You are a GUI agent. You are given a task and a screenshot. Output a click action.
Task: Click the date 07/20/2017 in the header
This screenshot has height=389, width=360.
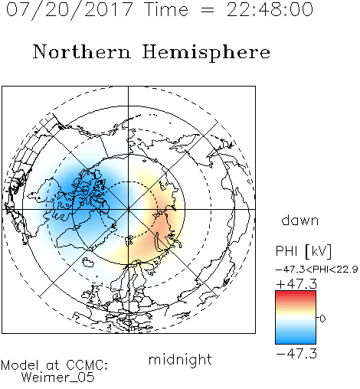(x=70, y=10)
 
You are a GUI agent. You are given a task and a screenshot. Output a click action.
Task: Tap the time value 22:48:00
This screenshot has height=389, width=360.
(x=270, y=9)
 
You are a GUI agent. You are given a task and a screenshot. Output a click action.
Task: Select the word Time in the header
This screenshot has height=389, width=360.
(x=166, y=9)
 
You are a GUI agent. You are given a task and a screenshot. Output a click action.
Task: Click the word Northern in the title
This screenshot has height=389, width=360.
(x=82, y=51)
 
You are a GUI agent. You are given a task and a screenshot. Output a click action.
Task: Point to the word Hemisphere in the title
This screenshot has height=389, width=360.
(x=206, y=53)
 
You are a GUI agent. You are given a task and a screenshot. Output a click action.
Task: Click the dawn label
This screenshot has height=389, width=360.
(x=300, y=220)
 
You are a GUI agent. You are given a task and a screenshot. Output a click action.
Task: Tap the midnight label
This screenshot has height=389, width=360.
(x=180, y=359)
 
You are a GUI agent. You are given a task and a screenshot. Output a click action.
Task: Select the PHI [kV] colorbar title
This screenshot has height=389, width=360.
(x=303, y=251)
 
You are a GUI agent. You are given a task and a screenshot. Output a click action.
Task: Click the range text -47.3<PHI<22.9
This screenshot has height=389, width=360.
(x=316, y=270)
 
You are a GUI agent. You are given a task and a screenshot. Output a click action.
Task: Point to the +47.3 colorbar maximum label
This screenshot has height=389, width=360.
(x=296, y=284)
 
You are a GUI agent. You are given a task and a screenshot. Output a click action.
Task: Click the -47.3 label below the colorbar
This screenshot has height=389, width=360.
(x=296, y=354)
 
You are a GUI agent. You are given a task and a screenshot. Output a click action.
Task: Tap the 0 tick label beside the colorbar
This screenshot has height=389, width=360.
(x=322, y=319)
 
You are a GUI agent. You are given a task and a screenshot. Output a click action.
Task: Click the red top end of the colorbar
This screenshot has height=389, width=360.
(x=296, y=293)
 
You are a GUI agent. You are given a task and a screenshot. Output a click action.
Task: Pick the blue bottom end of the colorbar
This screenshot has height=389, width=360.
(x=296, y=342)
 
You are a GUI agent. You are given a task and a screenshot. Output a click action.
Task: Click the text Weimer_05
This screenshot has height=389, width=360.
(x=58, y=378)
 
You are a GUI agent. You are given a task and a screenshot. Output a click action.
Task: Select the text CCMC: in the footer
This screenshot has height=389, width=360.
(x=87, y=365)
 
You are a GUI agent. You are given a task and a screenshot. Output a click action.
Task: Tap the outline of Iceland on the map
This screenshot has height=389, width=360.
(x=88, y=262)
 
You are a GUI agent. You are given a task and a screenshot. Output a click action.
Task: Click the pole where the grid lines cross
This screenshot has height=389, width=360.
(x=129, y=210)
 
